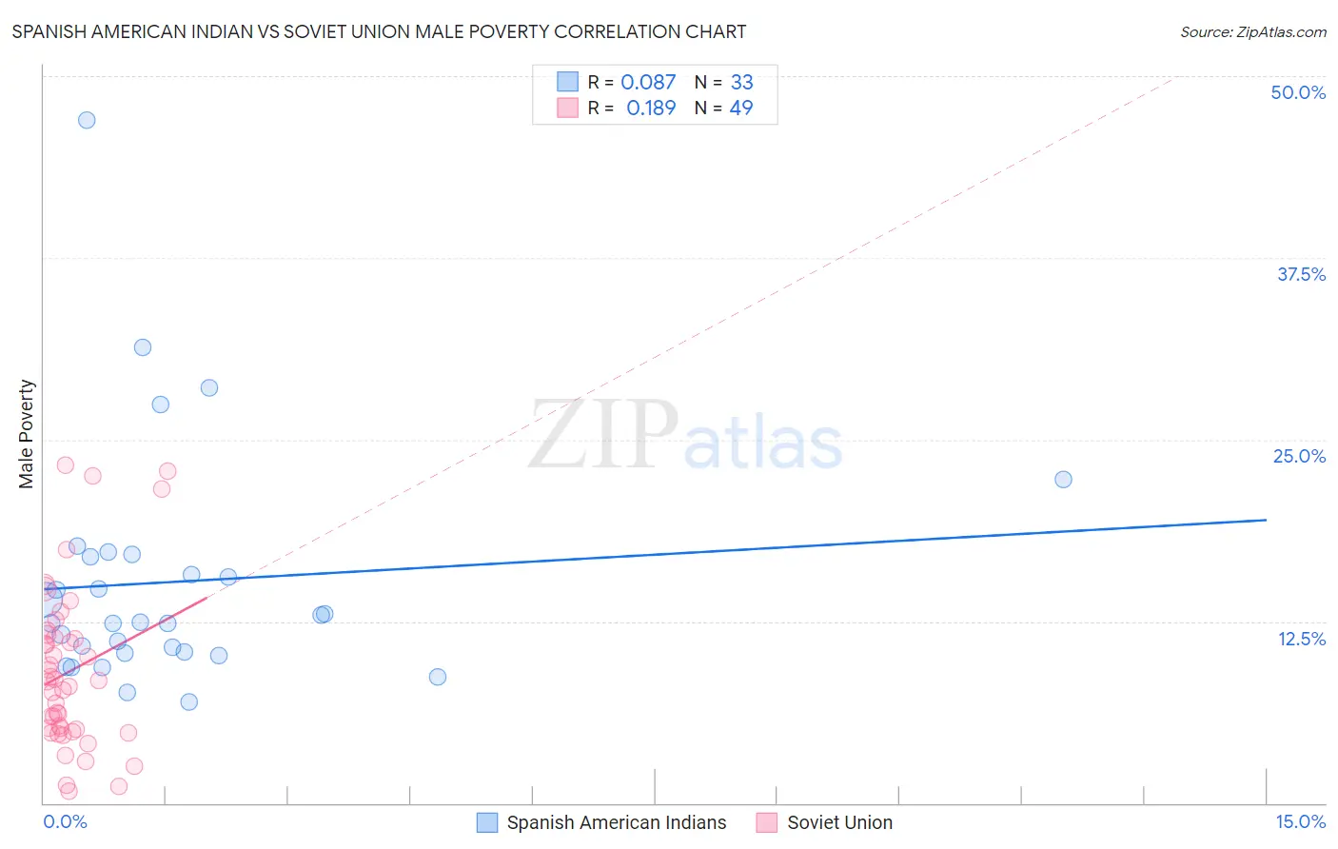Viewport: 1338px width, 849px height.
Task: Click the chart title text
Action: click(379, 31)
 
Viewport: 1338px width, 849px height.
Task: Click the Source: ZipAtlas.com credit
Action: click(1252, 31)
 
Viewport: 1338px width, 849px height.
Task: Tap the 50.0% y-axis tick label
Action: click(1298, 92)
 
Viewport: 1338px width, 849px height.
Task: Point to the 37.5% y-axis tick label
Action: click(1301, 274)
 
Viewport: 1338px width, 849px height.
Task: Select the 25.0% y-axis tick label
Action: click(1299, 456)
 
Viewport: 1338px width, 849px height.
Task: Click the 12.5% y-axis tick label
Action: click(1301, 639)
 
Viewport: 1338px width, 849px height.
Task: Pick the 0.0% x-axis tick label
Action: click(65, 821)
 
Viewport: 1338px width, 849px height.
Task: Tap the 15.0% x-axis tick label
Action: click(1300, 821)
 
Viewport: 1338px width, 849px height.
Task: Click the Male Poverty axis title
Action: click(26, 434)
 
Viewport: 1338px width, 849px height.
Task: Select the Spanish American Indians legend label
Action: click(616, 822)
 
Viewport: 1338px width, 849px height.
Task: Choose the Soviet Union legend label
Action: click(839, 822)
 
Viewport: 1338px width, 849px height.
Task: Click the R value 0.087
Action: click(648, 83)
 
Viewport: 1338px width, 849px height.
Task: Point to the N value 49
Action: click(740, 108)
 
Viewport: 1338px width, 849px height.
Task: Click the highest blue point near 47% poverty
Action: click(87, 120)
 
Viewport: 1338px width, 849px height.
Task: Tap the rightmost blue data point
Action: click(1063, 480)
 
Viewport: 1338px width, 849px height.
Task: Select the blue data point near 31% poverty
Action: click(143, 347)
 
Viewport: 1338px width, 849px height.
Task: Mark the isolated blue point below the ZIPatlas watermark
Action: click(438, 677)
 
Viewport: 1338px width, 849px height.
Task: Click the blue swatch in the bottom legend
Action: click(487, 822)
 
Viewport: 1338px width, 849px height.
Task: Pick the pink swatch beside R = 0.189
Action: click(567, 108)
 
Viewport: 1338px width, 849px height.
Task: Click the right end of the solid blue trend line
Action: click(1266, 520)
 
